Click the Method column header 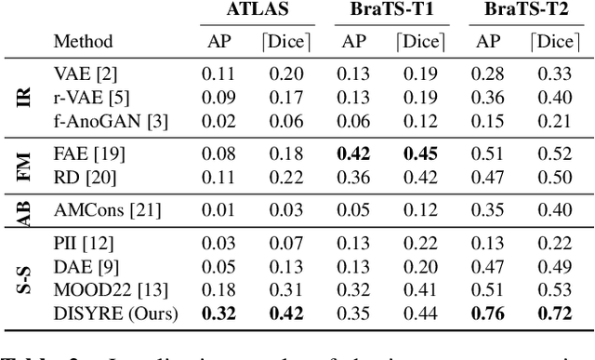point(83,42)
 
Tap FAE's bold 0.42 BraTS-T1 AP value point(353,153)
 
